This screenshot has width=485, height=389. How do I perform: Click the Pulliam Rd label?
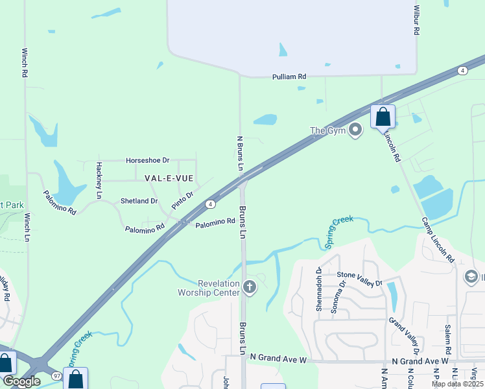point(289,77)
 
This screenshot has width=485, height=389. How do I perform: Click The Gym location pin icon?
point(355,130)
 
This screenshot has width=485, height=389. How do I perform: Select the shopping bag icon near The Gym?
point(383,117)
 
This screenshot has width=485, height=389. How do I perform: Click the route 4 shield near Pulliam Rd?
point(462,70)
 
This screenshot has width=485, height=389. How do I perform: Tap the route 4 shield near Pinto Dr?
point(211,204)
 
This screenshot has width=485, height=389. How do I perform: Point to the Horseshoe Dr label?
point(147,159)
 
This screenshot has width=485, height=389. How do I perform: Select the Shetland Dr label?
point(139,201)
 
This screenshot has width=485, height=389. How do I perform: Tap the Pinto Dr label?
point(183,200)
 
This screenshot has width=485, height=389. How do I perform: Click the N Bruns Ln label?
point(240,153)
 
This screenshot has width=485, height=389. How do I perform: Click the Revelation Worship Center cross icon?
point(250,287)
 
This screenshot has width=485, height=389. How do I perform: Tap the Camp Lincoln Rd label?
point(438,238)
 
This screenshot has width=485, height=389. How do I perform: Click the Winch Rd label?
point(25,63)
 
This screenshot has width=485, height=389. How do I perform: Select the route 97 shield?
point(56,376)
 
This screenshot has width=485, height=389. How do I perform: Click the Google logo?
point(22,381)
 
